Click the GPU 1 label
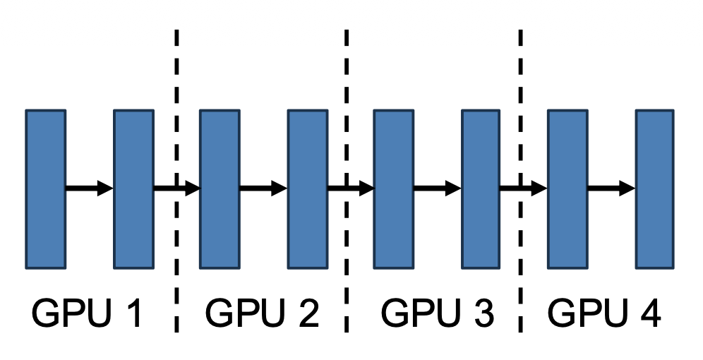click(88, 313)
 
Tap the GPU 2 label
click(262, 313)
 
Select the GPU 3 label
click(436, 313)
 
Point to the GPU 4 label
click(605, 313)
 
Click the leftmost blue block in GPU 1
click(46, 189)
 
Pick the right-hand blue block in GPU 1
click(134, 189)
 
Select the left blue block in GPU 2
click(220, 189)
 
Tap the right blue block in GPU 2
click(307, 189)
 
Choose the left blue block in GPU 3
click(393, 189)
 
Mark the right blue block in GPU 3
click(481, 189)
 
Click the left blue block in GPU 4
click(567, 189)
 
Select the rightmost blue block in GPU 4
click(654, 189)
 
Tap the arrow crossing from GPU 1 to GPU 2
click(176, 188)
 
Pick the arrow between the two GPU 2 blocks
click(263, 188)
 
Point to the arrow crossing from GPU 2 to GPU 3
click(350, 188)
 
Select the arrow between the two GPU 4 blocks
click(611, 188)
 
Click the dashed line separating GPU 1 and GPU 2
click(176, 78)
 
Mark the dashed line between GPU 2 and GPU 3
click(347, 78)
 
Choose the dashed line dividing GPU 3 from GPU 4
click(521, 78)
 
